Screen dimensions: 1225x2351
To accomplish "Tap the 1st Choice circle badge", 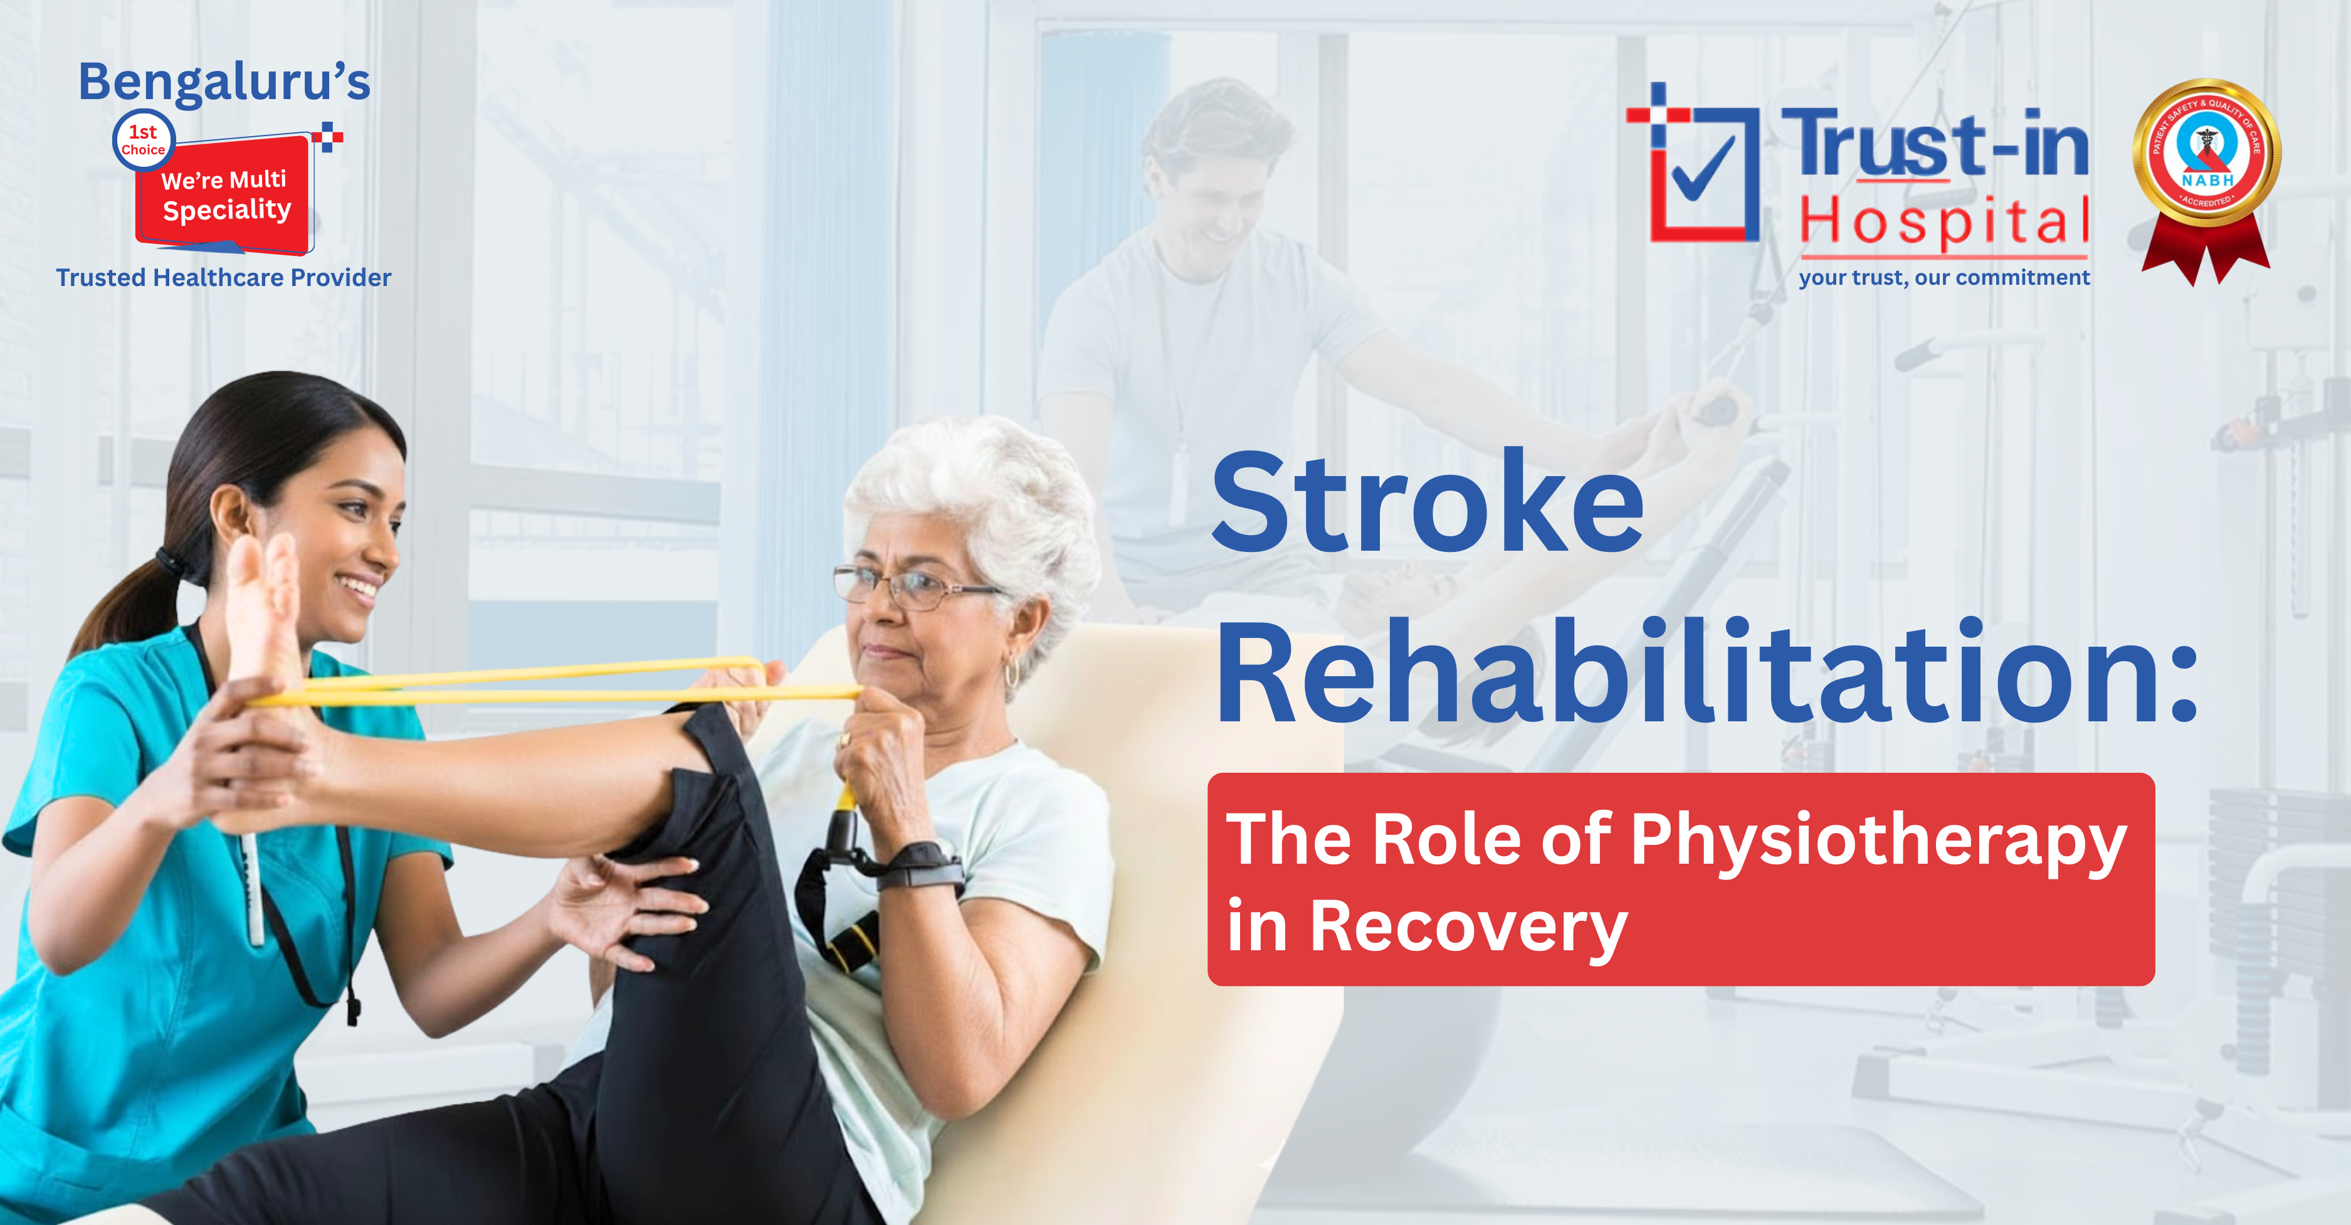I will pyautogui.click(x=144, y=141).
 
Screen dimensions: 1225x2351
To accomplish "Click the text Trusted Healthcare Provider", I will pyautogui.click(x=224, y=277).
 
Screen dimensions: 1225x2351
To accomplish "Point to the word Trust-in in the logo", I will pyautogui.click(x=1934, y=144).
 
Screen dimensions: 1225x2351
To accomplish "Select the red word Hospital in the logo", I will pyautogui.click(x=1944, y=222).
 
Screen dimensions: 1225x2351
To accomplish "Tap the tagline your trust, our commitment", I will pyautogui.click(x=1944, y=277).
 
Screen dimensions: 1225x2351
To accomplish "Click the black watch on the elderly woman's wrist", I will pyautogui.click(x=922, y=862).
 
